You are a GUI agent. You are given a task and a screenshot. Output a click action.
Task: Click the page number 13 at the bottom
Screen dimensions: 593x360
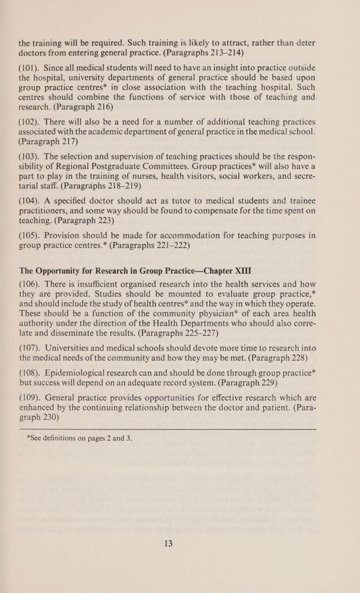[180, 536]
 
